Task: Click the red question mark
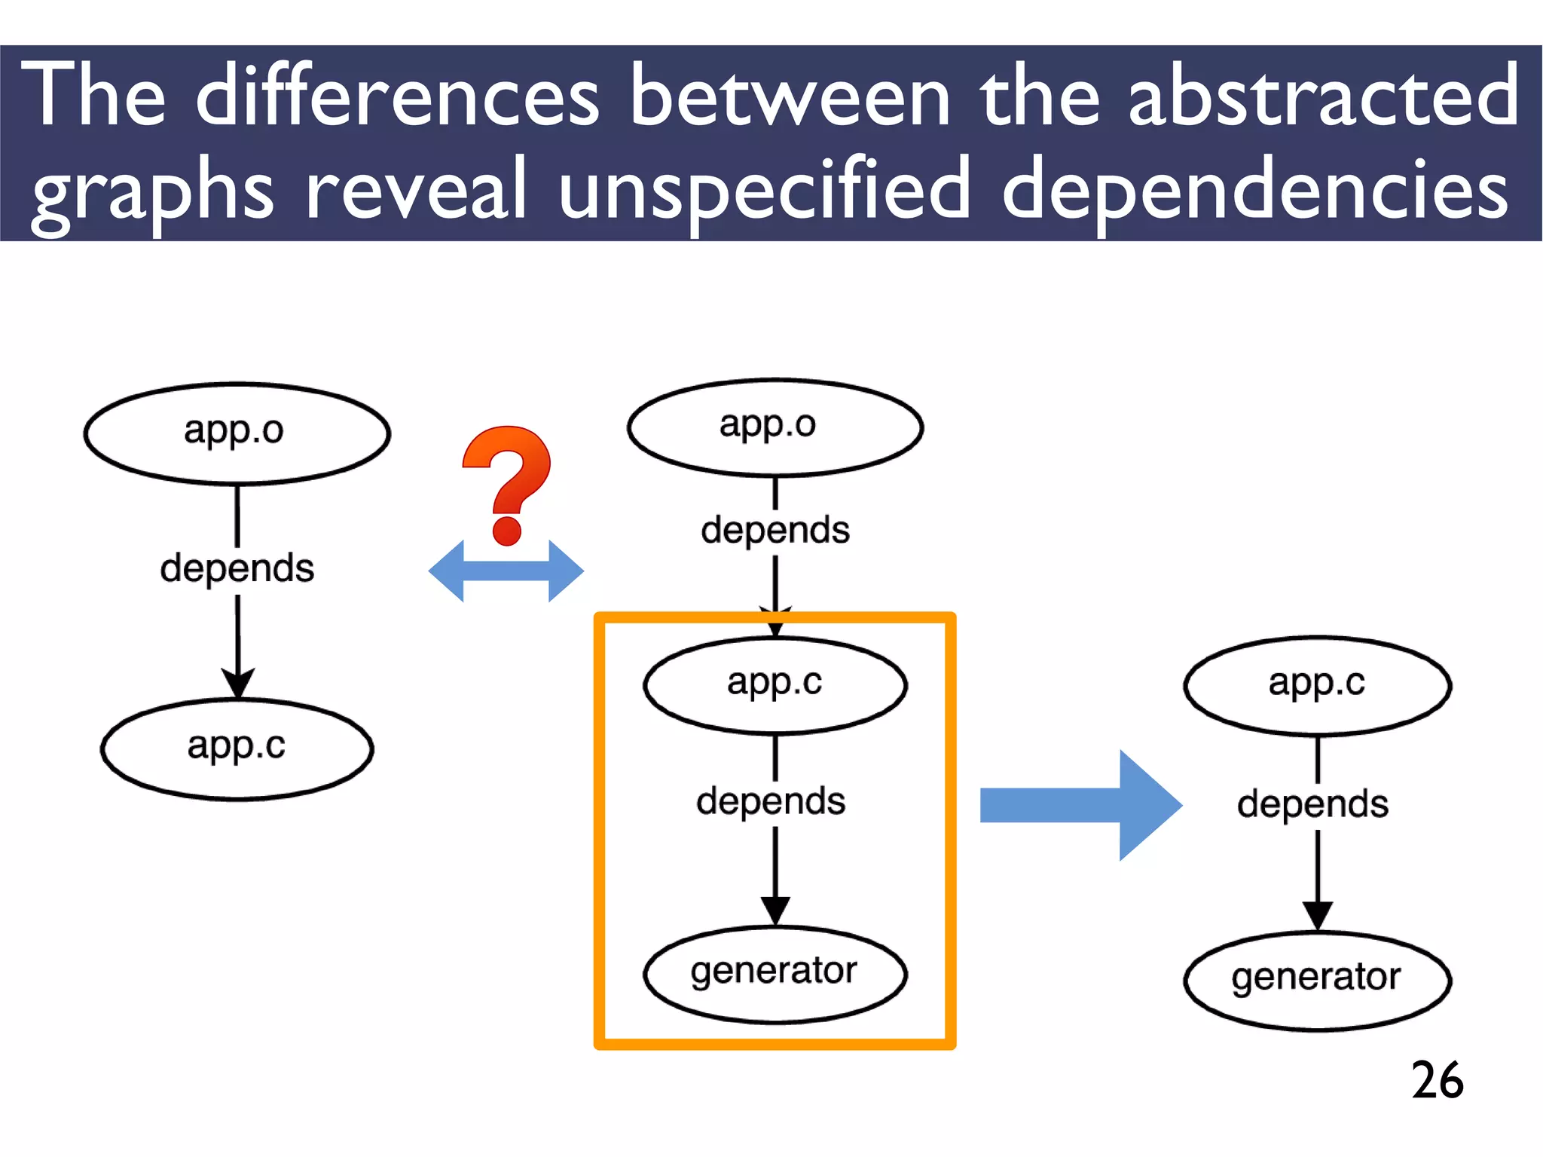507,482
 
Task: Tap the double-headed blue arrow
506,571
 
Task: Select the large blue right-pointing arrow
1081,805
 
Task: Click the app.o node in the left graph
237,433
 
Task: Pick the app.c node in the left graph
237,748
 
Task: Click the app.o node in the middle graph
775,427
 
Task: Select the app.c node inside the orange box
775,684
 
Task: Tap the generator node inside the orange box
775,973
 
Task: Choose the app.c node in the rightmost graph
1317,685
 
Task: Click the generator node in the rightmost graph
1317,979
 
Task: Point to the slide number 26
1437,1080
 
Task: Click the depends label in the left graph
237,568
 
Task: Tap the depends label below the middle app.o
775,530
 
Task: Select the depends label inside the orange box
771,801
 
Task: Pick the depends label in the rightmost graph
1312,804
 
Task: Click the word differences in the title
397,96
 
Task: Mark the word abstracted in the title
1323,96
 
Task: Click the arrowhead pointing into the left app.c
238,683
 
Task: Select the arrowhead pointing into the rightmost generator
1317,915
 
